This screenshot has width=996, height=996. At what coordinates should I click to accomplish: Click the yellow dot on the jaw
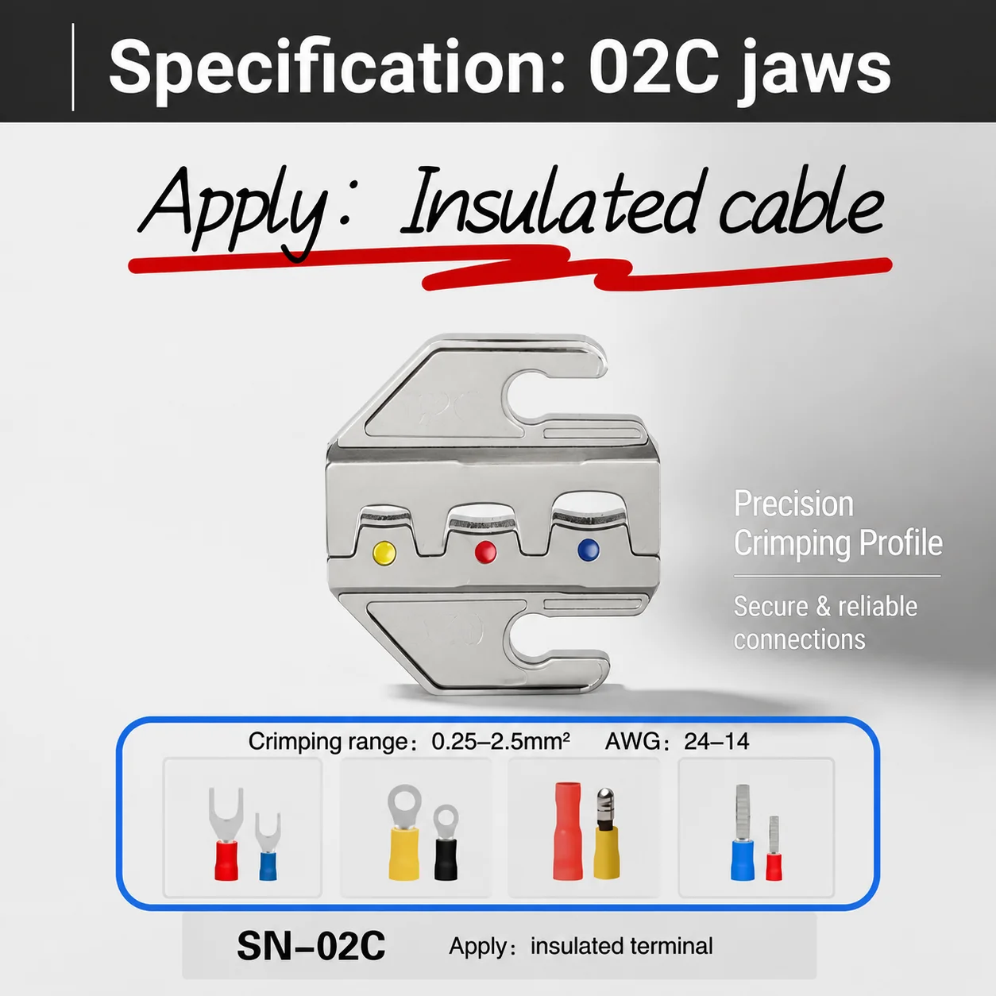[384, 553]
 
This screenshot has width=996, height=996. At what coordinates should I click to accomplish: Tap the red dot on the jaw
[485, 551]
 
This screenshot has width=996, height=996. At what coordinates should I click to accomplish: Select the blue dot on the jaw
[589, 550]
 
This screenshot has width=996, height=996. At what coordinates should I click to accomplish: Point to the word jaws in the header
[815, 71]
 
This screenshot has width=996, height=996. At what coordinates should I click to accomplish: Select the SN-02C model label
[311, 945]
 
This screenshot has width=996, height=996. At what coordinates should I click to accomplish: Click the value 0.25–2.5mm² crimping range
[500, 741]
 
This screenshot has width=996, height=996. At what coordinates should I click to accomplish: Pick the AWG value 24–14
[716, 742]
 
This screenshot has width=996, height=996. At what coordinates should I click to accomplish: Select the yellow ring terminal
[403, 832]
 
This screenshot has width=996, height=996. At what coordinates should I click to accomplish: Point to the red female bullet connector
[567, 831]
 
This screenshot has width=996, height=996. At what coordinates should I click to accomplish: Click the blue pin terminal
[742, 832]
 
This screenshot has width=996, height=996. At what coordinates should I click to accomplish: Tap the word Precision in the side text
[793, 504]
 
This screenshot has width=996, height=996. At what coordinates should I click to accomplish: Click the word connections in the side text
[799, 639]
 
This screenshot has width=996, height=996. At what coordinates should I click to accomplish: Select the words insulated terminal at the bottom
[621, 946]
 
